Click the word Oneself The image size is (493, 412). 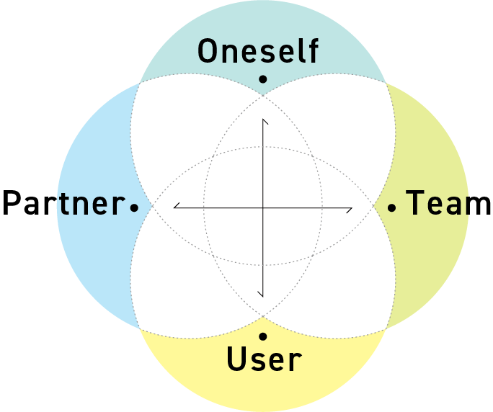257,52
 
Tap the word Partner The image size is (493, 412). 63,204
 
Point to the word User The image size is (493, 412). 264,359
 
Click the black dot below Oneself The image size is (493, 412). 263,79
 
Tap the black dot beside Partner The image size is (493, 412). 134,207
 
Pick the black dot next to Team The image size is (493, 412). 392,207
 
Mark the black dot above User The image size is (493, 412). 263,336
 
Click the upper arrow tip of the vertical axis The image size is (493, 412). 263,119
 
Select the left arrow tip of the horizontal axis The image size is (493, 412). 174,208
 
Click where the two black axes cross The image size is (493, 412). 263,208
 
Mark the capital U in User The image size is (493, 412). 238,359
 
